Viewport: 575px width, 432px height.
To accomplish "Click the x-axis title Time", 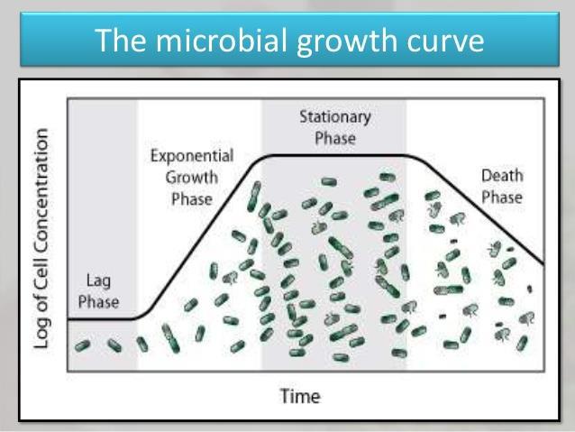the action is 300,396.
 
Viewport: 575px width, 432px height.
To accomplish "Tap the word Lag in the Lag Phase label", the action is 98,281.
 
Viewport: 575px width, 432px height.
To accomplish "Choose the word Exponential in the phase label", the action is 192,156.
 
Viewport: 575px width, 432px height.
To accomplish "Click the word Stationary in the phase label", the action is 335,117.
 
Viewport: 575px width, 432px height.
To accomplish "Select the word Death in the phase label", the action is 502,176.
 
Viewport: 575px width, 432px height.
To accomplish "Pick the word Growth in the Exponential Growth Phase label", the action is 191,178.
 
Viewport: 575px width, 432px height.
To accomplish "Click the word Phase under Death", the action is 502,198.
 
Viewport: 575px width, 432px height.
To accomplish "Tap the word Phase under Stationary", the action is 335,138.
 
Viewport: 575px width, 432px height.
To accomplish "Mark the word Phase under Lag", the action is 98,302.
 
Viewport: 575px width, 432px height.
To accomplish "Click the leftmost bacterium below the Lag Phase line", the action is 82,345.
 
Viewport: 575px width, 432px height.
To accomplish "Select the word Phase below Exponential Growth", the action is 192,199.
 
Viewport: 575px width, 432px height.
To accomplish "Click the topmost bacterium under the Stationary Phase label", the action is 329,181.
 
